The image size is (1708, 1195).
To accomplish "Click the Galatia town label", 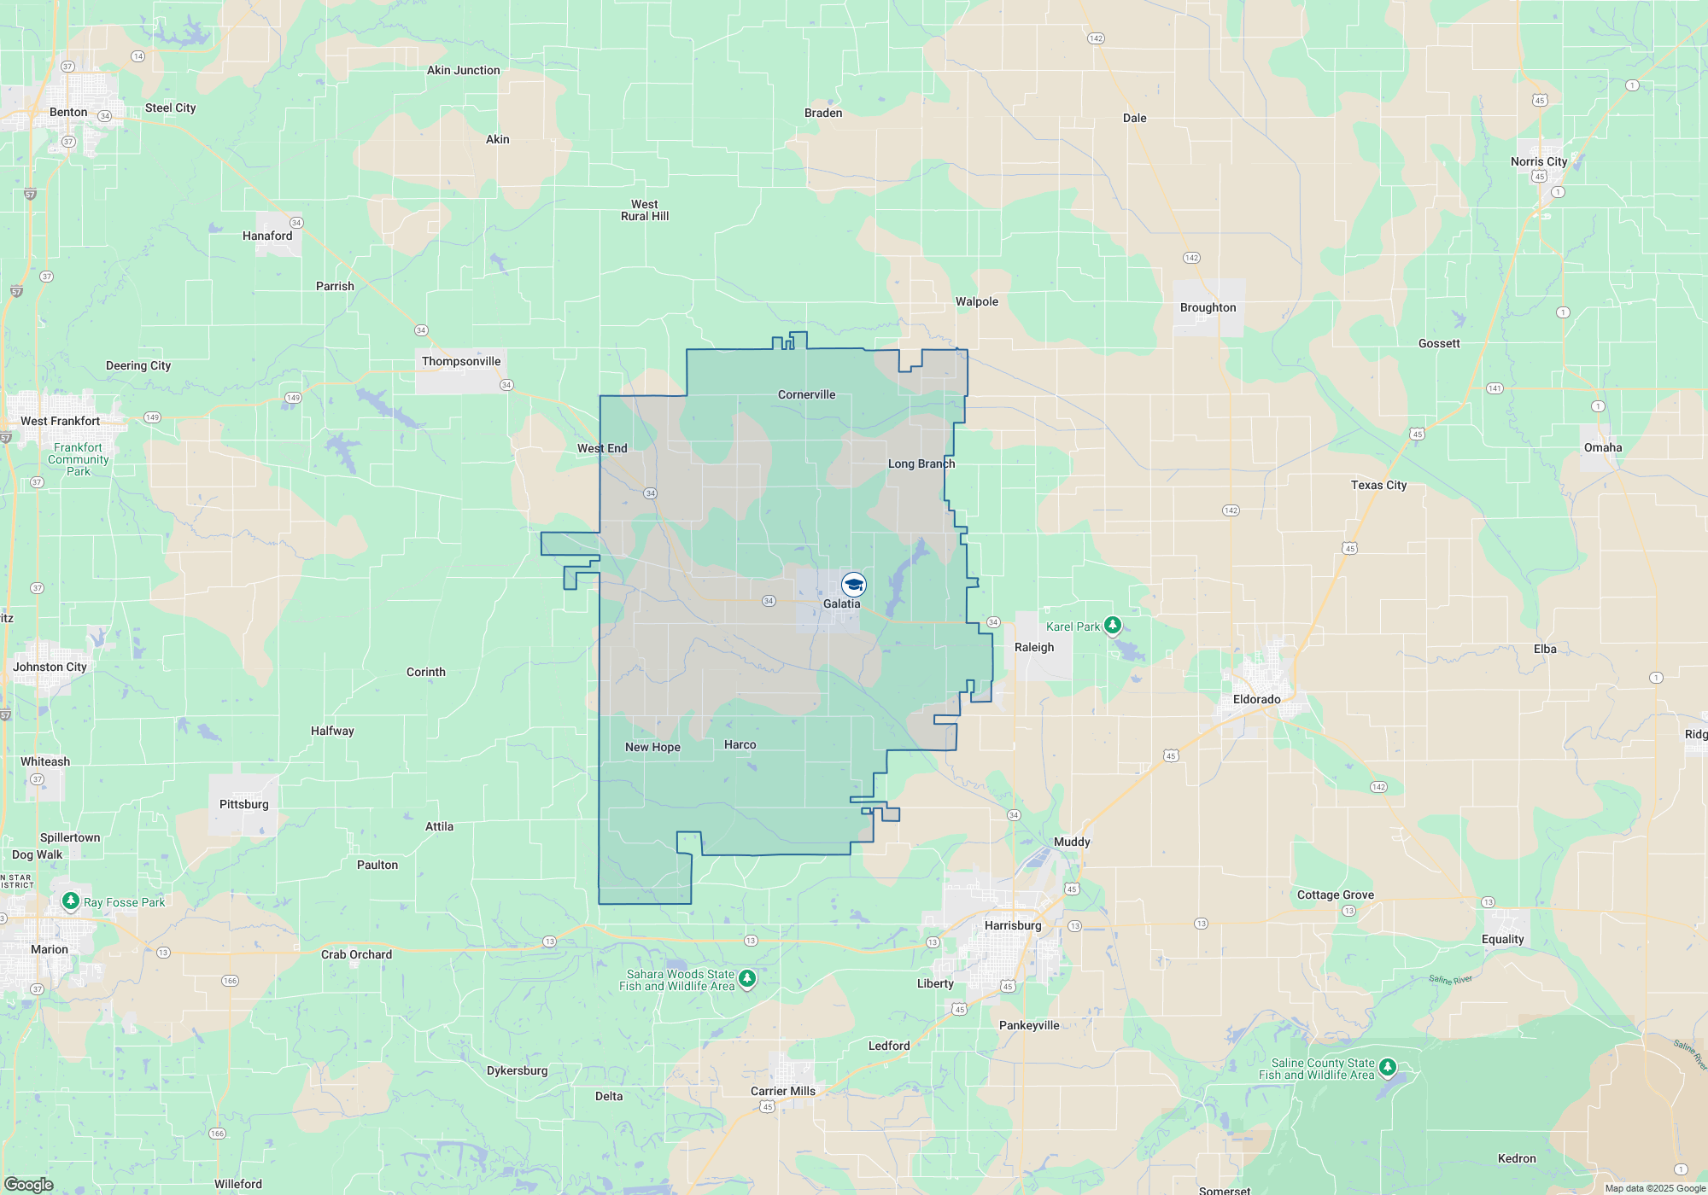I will tap(841, 603).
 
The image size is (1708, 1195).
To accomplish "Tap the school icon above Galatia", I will tap(854, 585).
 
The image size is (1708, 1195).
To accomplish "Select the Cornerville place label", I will tap(806, 394).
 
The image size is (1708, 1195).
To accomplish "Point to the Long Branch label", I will tap(921, 463).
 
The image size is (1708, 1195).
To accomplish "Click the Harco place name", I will tap(740, 744).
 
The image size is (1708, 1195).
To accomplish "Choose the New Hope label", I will tap(652, 747).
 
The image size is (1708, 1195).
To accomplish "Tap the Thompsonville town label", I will tap(461, 361).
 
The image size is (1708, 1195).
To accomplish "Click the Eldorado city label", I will tap(1256, 699).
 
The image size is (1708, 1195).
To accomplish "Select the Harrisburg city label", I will tap(1013, 925).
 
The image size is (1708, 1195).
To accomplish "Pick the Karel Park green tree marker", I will tap(1112, 626).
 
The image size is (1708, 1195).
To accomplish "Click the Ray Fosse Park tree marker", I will tap(71, 901).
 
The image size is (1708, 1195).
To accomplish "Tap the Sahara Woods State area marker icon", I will tap(747, 978).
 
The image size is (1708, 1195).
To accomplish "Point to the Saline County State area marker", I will tap(1388, 1067).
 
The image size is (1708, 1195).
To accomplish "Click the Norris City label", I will tap(1538, 161).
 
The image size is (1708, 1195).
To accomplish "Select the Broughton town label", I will tap(1208, 307).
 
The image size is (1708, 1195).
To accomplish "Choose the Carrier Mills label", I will tap(782, 1091).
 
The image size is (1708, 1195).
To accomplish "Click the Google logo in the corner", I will tap(29, 1184).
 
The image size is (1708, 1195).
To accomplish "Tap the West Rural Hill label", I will tap(645, 210).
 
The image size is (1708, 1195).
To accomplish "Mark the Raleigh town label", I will tap(1034, 647).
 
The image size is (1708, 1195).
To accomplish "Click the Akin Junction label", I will tap(463, 70).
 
